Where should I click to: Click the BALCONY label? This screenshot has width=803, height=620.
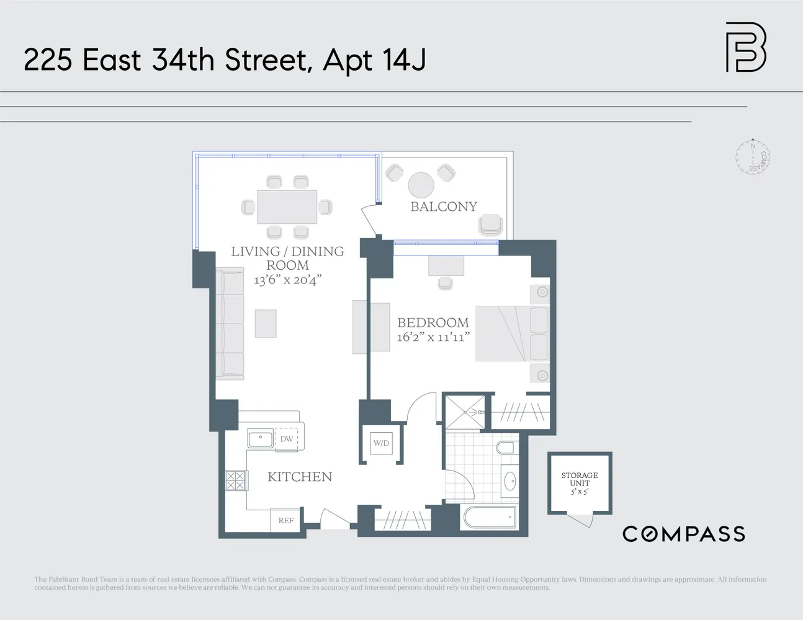(444, 206)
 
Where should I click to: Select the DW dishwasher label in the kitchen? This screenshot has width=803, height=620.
(286, 439)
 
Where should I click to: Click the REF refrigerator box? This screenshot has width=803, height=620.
(286, 520)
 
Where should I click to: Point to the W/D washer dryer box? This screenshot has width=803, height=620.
(381, 443)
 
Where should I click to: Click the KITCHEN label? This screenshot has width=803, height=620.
(300, 477)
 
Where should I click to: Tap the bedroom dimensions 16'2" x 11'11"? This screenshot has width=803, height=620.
(433, 337)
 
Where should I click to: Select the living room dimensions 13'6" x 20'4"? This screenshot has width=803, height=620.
(287, 280)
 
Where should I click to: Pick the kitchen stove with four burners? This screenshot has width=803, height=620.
(236, 481)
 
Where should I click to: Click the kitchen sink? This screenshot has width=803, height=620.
(260, 439)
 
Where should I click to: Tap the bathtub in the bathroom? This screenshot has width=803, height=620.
(488, 517)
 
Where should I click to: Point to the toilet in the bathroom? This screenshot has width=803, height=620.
(506, 449)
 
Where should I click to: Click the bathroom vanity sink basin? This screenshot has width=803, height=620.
(510, 480)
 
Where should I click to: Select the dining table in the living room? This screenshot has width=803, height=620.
(287, 206)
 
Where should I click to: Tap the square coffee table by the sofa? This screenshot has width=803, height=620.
(266, 323)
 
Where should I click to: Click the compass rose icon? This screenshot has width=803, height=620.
(753, 156)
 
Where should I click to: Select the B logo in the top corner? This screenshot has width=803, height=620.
(746, 47)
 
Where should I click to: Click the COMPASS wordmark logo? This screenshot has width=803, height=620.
(683, 534)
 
